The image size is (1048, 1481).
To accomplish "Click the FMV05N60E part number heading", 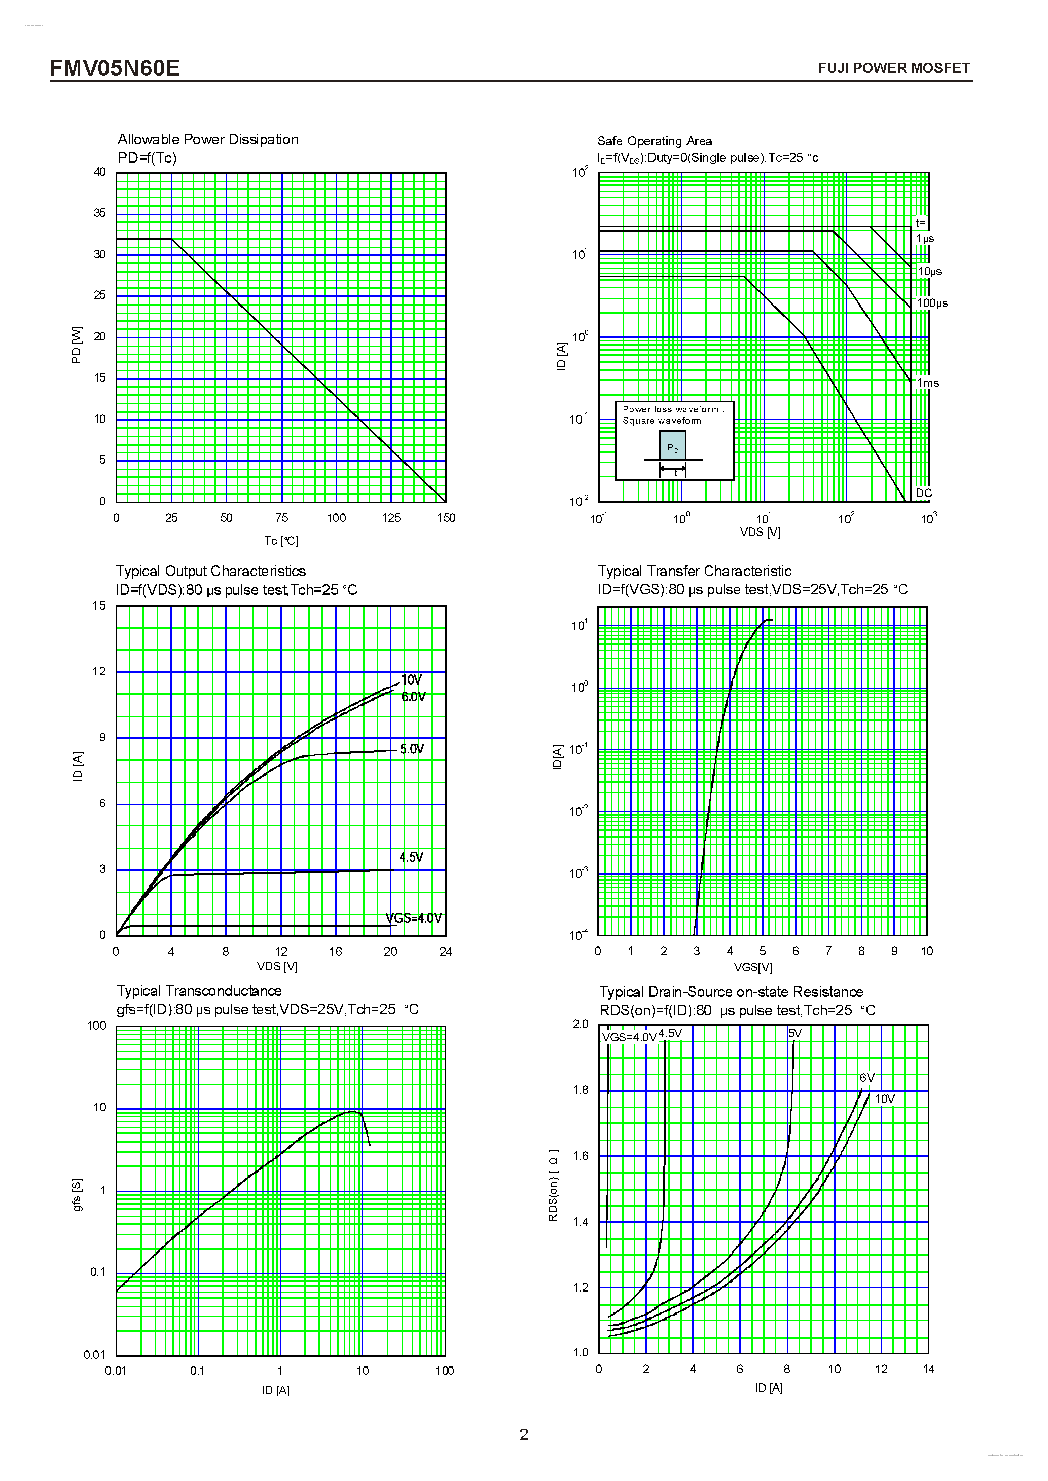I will click(115, 68).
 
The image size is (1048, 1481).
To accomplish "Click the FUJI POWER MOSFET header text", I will click(893, 68).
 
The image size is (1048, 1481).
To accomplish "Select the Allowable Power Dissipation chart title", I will click(208, 139).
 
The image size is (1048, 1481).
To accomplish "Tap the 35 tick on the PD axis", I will click(100, 213).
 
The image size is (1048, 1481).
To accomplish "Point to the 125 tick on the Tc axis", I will click(391, 517).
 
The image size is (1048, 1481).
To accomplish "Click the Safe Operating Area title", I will click(655, 141).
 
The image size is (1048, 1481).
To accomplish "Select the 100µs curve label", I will click(932, 303).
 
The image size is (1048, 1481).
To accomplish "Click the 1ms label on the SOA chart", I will click(928, 383).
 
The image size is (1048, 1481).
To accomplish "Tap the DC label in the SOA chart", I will click(923, 493).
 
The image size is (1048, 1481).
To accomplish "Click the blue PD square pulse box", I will click(672, 445).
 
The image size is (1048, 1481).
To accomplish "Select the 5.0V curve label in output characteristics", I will click(412, 749).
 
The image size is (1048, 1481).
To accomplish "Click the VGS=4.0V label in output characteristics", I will click(414, 917).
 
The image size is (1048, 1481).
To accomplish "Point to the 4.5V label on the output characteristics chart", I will click(411, 857).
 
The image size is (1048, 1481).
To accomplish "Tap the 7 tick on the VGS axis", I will click(828, 951).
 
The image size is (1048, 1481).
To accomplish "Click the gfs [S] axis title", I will click(77, 1195).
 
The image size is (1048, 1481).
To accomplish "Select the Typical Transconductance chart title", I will click(199, 990).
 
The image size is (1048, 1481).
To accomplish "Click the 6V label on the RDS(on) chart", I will click(866, 1078).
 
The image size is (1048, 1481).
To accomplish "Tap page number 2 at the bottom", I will click(523, 1434).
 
